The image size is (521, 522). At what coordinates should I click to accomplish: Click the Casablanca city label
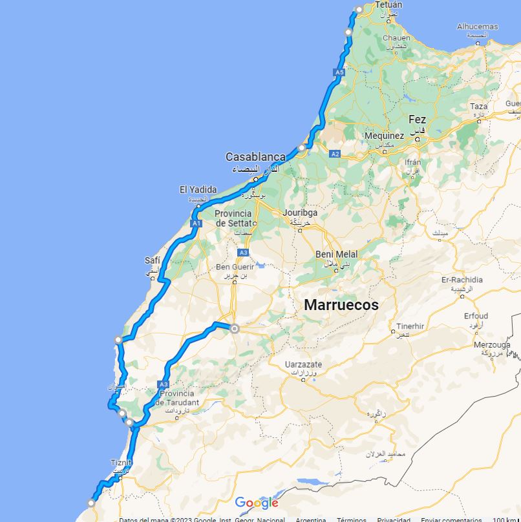255,157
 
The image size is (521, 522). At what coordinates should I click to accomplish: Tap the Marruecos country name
341,305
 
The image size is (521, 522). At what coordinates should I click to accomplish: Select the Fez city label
417,120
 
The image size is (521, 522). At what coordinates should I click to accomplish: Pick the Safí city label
153,260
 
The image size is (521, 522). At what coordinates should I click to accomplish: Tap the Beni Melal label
337,255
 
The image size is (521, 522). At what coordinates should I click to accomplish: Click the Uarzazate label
303,364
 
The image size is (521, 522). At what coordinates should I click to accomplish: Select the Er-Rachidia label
462,280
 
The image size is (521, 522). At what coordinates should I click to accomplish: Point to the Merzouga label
492,344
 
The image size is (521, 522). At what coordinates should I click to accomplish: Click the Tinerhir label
410,326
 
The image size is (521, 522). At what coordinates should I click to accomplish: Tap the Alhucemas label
478,26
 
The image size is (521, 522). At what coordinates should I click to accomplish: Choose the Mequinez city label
384,136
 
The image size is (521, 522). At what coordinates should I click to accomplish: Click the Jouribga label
300,212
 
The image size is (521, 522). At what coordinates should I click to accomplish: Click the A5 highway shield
339,73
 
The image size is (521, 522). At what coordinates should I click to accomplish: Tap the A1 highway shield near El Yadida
197,224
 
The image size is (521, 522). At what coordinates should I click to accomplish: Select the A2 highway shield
335,154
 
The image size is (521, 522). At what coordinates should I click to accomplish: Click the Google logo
257,503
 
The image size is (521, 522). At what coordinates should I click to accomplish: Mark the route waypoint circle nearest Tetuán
359,9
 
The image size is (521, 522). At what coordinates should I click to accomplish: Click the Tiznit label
121,463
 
